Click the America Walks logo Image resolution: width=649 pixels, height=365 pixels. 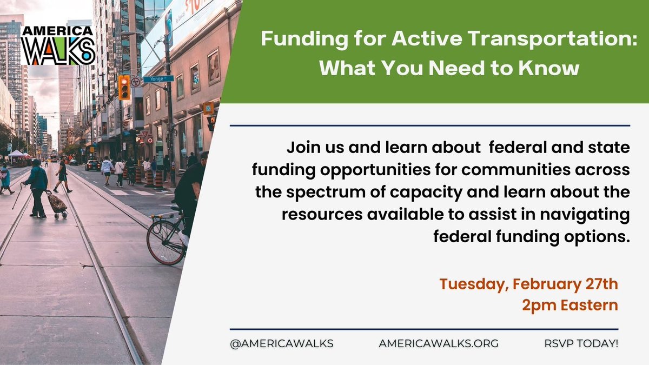58,45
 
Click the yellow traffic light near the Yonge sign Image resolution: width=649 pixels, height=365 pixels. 124,87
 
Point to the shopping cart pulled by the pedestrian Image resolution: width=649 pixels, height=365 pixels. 56,204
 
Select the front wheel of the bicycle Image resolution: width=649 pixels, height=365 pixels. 165,242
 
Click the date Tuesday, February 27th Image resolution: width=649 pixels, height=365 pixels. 528,283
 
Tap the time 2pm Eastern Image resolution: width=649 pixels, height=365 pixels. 569,305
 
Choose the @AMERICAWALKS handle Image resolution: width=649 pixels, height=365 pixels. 281,343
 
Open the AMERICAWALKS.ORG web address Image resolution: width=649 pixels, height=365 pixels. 439,343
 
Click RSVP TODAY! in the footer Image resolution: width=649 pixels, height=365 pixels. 581,343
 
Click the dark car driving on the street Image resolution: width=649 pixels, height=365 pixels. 92,165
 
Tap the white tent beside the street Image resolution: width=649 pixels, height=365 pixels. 17,154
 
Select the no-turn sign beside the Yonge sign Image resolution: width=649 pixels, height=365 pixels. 135,82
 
